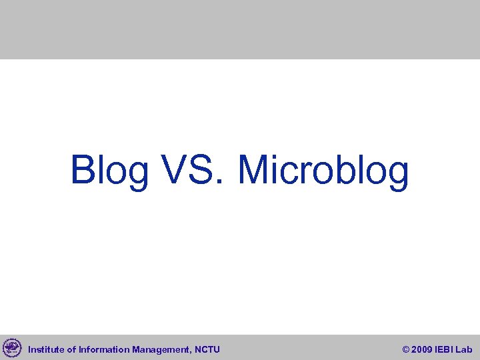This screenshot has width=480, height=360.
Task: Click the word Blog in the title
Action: (x=110, y=170)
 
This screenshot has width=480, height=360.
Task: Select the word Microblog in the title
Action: (x=323, y=170)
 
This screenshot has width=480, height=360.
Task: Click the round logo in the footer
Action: (x=12, y=348)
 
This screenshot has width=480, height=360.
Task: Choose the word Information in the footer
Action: (x=104, y=349)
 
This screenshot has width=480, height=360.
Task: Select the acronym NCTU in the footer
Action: (x=208, y=349)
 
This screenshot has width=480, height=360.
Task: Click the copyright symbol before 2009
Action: (x=407, y=349)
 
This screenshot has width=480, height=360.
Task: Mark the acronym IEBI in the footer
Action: (x=445, y=349)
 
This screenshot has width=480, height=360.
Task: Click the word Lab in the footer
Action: (x=464, y=349)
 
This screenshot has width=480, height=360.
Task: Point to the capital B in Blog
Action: (x=83, y=170)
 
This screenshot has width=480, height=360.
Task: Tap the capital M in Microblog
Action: (x=253, y=170)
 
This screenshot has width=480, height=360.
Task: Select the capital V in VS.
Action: (x=174, y=170)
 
